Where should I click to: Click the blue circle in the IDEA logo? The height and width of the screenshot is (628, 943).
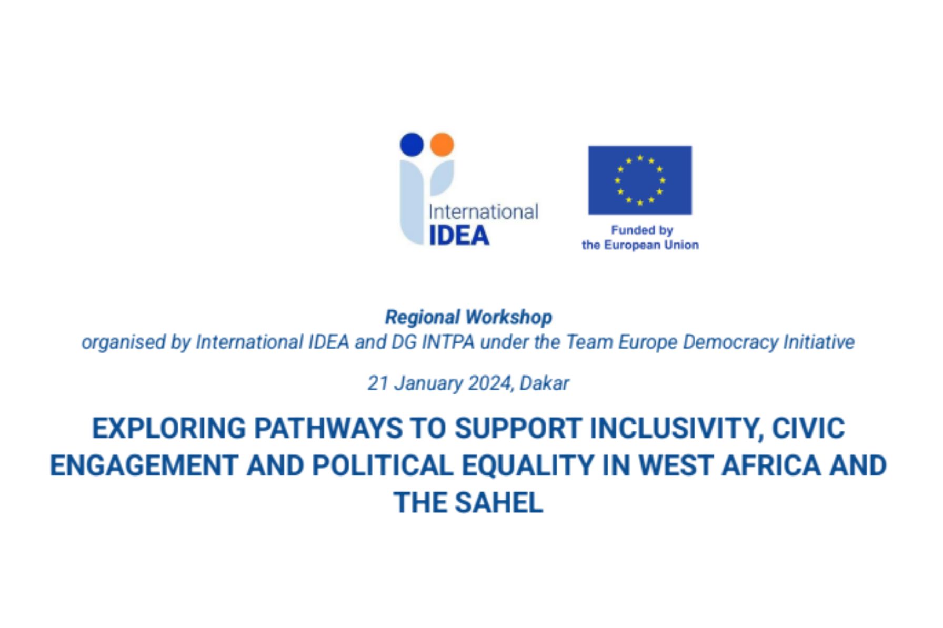tap(412, 145)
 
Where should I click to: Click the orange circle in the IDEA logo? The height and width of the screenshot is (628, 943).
tap(442, 145)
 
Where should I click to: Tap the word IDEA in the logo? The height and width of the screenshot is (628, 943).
tap(459, 235)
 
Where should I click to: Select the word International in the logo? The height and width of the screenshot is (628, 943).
tap(483, 212)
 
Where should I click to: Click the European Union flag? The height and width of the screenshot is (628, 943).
tap(640, 180)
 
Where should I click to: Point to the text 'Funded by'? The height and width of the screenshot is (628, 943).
tap(642, 230)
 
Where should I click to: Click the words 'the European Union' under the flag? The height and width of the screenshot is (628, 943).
tap(640, 245)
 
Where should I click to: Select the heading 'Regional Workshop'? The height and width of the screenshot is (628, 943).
tap(468, 317)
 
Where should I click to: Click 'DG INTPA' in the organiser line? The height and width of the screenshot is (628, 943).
tap(433, 342)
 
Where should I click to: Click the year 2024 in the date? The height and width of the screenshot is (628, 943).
tap(490, 383)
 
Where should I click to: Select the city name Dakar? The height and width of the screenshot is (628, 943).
tap(544, 383)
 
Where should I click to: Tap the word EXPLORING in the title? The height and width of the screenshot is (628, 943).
tap(169, 428)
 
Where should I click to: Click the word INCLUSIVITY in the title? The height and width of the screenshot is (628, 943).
tap(676, 428)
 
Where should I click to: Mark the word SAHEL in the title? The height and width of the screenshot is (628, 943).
tap(498, 503)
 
